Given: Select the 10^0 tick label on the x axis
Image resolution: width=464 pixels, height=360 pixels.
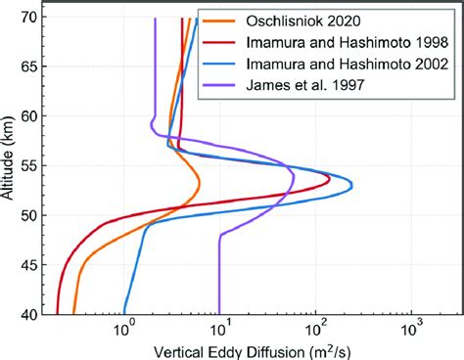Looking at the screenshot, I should point(125,330).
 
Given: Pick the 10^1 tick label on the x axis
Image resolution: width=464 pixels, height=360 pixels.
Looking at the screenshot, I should point(221,330).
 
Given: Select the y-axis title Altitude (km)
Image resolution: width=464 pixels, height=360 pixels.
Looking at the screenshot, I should point(11,166).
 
